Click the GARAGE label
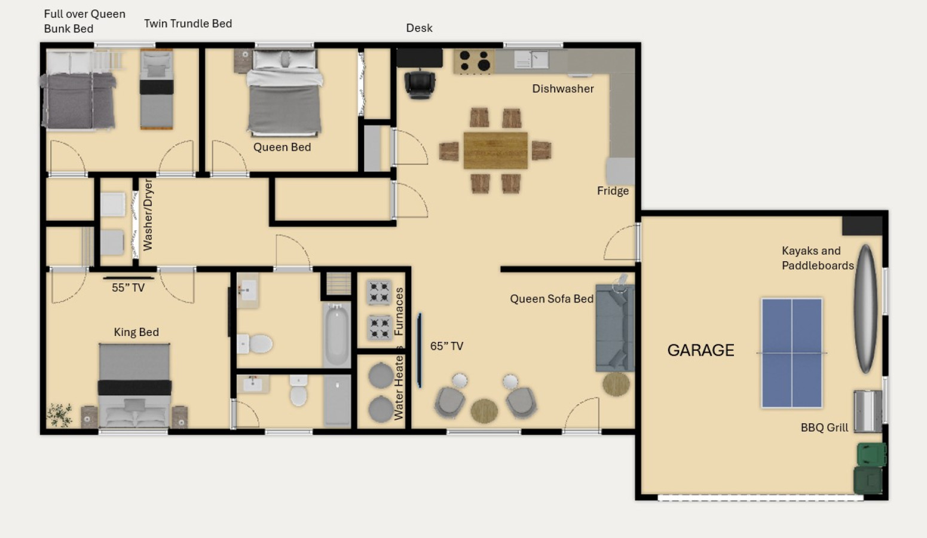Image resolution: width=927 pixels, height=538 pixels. [700, 350]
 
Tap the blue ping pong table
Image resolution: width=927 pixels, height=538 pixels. [792, 353]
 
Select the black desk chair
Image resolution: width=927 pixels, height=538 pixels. [420, 84]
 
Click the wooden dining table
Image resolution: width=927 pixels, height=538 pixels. [495, 150]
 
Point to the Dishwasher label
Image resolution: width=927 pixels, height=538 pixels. [563, 88]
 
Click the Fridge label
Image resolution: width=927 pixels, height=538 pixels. [613, 191]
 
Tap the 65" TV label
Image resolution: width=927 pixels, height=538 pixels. [446, 346]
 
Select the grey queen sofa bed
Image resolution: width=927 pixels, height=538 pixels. [615, 328]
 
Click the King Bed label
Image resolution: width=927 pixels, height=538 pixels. [136, 332]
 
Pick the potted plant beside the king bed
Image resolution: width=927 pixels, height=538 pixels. [60, 415]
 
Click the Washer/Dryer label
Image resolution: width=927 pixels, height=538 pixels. [148, 215]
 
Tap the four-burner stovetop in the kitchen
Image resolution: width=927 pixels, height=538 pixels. [475, 61]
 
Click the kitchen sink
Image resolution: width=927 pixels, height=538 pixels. [531, 60]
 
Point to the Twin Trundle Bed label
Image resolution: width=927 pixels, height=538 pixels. [188, 23]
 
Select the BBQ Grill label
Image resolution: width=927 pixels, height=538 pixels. [824, 427]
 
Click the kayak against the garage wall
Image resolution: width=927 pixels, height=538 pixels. [866, 308]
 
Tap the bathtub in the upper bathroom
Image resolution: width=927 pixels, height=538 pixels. [336, 334]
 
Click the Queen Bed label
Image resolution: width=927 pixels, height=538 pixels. [282, 147]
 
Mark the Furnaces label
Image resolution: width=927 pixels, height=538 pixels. [399, 311]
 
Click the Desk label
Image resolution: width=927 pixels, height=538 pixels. [419, 28]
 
